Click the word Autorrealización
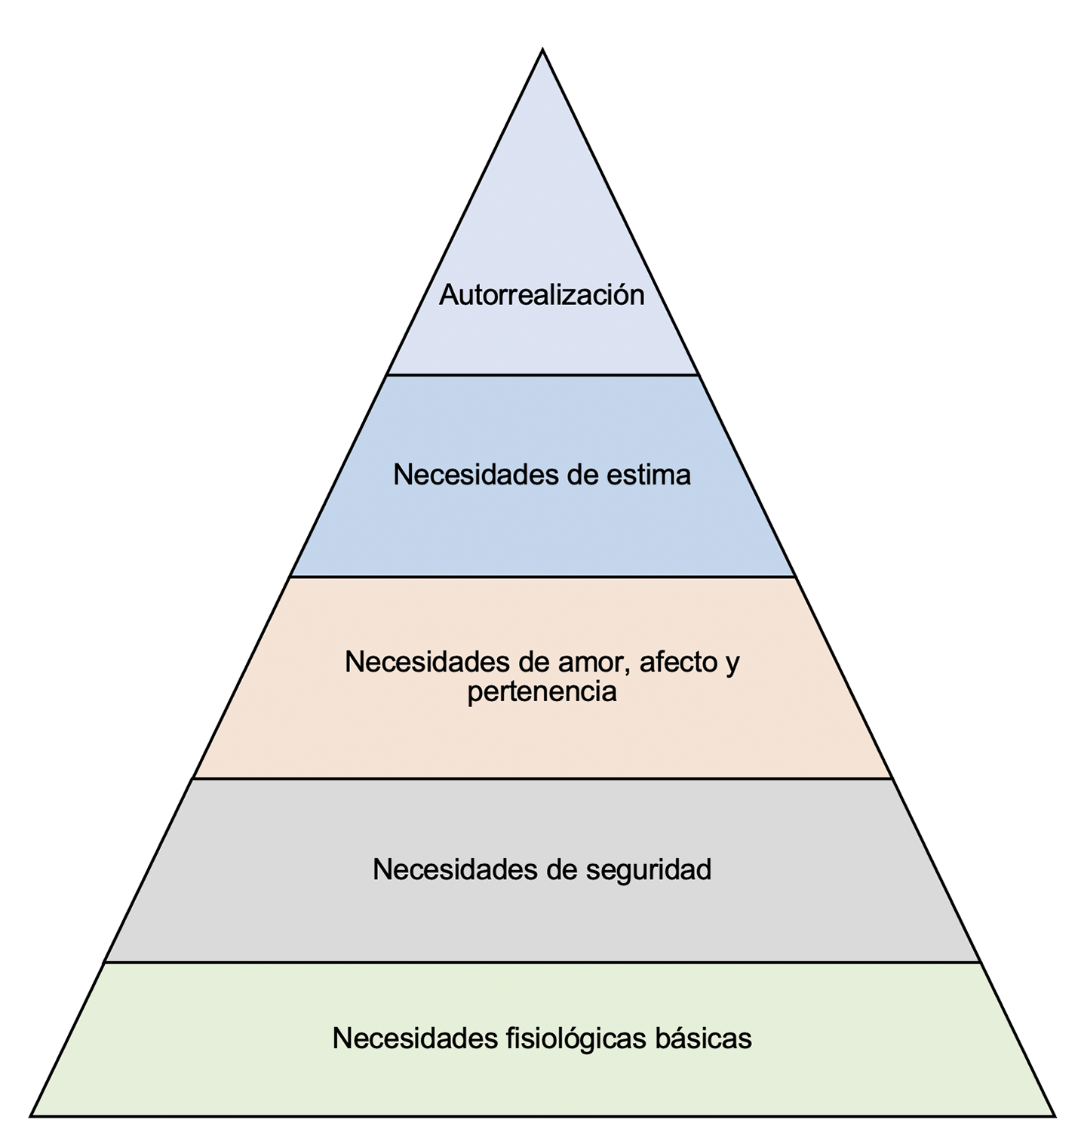pyautogui.click(x=542, y=295)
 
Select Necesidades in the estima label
pyautogui.click(x=475, y=475)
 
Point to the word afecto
pyautogui.click(x=678, y=662)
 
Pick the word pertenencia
pyautogui.click(x=542, y=691)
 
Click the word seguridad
pyautogui.click(x=649, y=869)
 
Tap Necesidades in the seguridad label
pyautogui.click(x=455, y=869)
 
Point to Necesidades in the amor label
pyautogui.click(x=427, y=662)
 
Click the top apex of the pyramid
pyautogui.click(x=542, y=51)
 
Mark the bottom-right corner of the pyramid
pyautogui.click(x=1053, y=1115)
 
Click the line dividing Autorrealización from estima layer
pyautogui.click(x=542, y=375)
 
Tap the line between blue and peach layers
pyautogui.click(x=542, y=577)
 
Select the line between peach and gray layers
pyautogui.click(x=542, y=779)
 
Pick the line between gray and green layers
pyautogui.click(x=542, y=962)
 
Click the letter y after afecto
pyautogui.click(x=732, y=663)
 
